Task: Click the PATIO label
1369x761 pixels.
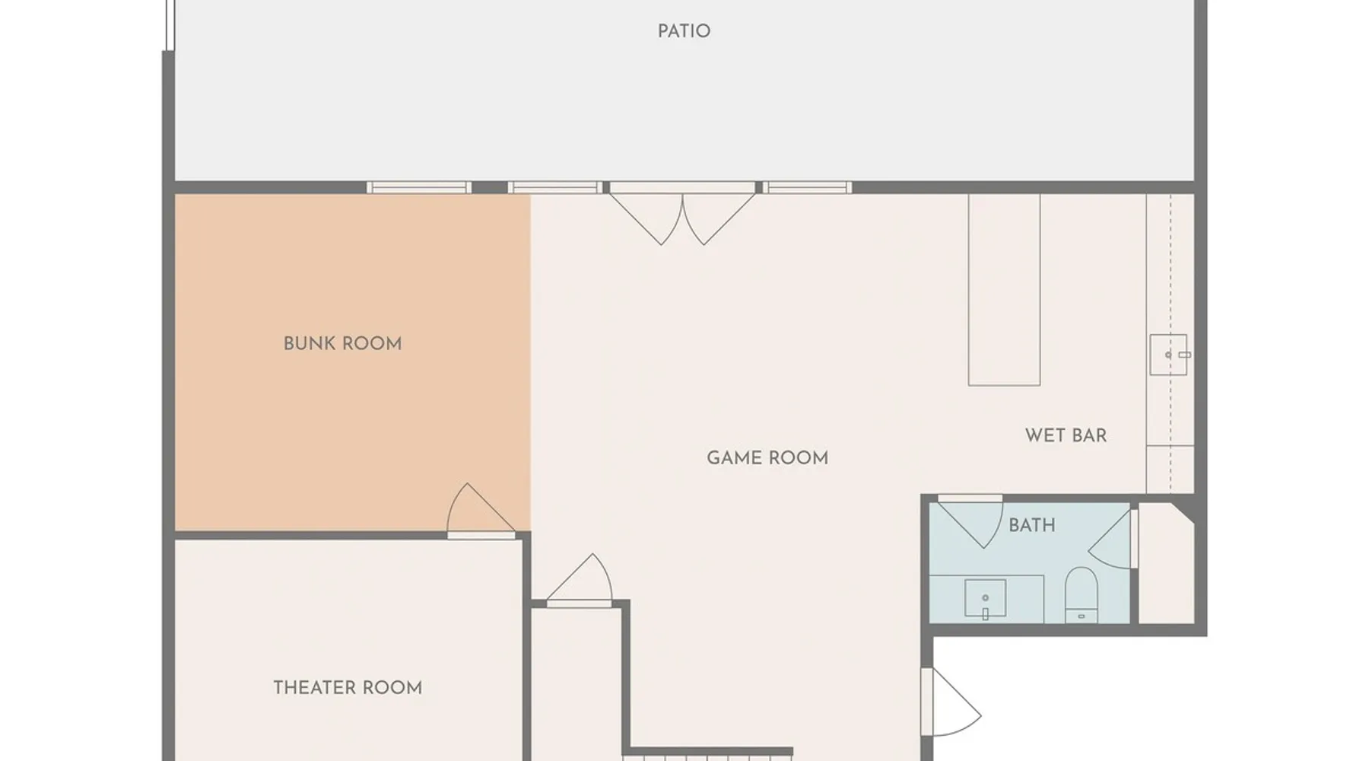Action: [684, 31]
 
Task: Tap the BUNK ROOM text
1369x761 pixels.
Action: [342, 344]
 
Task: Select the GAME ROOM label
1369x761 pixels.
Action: [767, 458]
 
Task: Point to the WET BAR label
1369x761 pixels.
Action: [1066, 435]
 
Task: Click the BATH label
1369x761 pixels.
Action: [1031, 525]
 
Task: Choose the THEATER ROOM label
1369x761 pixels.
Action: [348, 688]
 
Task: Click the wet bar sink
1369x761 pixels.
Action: [1168, 355]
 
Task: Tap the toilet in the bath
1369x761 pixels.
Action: [1081, 594]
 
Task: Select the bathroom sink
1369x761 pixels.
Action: [985, 598]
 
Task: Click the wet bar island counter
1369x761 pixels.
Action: [1004, 290]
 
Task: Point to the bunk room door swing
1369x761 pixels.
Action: [480, 509]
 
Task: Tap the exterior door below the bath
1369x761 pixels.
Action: [951, 702]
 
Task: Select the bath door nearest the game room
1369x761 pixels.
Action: [970, 522]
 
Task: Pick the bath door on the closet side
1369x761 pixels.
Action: [1111, 539]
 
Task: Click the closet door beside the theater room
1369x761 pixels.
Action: [580, 579]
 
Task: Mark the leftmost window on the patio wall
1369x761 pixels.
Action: [419, 187]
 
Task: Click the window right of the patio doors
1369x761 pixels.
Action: [808, 187]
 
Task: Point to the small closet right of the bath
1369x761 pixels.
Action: [1166, 563]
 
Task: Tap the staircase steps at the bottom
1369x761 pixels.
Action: [707, 756]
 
